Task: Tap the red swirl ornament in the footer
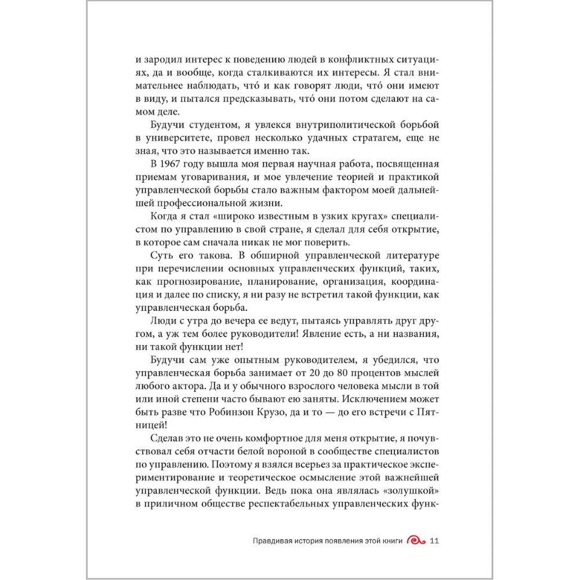pos(417,541)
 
